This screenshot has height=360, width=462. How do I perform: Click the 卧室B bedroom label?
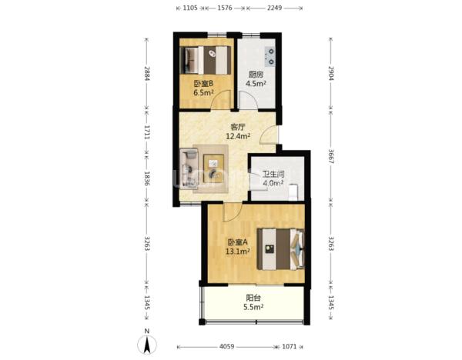203,84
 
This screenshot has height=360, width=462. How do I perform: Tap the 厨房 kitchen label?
256,74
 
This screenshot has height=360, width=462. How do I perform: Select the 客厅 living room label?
238,127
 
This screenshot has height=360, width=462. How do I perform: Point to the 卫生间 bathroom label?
273,174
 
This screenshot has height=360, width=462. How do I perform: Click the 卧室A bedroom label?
238,242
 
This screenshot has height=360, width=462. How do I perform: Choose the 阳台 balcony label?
253,298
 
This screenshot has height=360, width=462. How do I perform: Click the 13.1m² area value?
238,252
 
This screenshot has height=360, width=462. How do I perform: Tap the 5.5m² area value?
253,308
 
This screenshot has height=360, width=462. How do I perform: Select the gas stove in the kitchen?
270,56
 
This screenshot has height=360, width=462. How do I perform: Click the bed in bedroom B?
206,60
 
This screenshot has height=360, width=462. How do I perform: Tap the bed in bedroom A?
280,249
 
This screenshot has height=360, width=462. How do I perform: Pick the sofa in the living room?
189,168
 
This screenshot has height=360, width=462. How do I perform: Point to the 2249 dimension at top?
274,8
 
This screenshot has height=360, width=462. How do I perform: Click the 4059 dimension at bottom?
227,347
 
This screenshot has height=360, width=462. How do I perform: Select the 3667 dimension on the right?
331,157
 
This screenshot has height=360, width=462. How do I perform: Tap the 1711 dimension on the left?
147,132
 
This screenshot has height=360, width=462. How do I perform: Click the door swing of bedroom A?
233,212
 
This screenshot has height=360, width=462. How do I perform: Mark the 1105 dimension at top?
190,8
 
